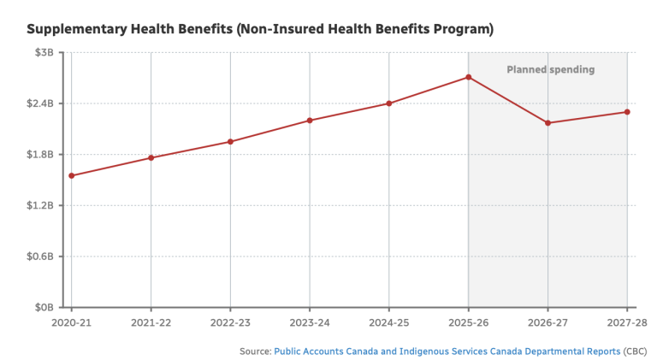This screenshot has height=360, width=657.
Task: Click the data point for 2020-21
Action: [x=72, y=176]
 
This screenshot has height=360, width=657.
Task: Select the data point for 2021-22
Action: [x=151, y=158]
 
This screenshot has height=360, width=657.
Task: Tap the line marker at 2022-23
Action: [x=230, y=142]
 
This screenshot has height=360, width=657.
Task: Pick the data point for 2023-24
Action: [x=310, y=121]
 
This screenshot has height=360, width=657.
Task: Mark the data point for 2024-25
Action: [x=389, y=103]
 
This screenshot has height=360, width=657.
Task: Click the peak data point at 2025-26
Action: [x=469, y=78]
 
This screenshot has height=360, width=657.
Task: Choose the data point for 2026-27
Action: [x=547, y=123]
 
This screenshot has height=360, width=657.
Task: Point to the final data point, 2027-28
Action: [x=627, y=112]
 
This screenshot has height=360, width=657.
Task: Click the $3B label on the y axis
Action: [x=44, y=52]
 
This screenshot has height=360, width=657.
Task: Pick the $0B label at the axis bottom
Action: [x=44, y=307]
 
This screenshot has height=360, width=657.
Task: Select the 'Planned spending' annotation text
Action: [x=550, y=69]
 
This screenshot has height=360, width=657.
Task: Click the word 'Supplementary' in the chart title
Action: [x=76, y=29]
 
